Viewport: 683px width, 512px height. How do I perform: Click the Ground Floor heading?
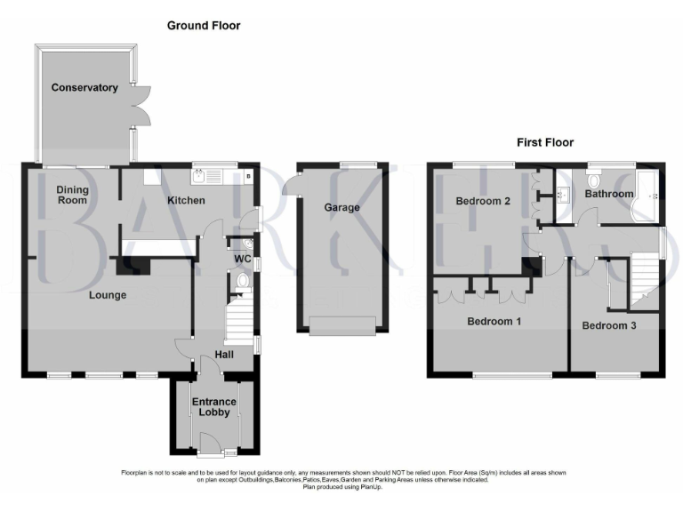(x=204, y=26)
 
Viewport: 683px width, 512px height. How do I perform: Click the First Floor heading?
(x=545, y=142)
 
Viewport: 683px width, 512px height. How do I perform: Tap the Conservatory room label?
(x=84, y=88)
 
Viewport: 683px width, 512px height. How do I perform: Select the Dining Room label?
(x=72, y=195)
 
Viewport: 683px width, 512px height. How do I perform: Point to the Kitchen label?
(x=186, y=201)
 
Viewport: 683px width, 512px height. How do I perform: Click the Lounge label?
(x=106, y=295)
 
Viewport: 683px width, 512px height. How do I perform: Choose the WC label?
(x=241, y=260)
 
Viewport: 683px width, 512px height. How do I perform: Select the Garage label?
(x=341, y=208)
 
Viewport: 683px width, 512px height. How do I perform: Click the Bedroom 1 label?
(x=494, y=322)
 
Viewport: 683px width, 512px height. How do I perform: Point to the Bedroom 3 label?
(x=609, y=326)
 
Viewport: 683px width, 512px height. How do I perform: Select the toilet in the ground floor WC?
(x=242, y=283)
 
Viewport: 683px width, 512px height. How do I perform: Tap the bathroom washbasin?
(x=564, y=193)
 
